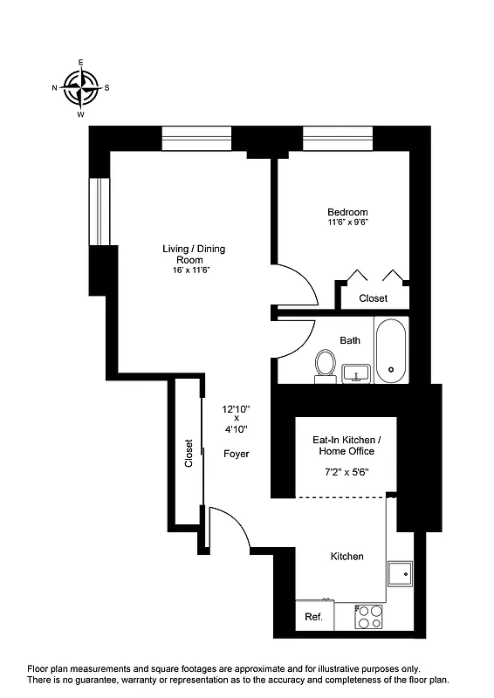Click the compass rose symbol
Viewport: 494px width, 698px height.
click(80, 88)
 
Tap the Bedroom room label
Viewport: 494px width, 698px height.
click(347, 212)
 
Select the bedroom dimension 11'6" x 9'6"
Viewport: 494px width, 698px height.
click(347, 223)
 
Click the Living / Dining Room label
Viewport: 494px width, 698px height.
click(194, 254)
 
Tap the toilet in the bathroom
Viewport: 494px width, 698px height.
click(326, 365)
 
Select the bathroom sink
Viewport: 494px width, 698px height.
click(355, 374)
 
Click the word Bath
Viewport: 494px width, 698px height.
click(350, 340)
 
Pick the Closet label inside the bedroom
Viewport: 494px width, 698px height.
click(374, 298)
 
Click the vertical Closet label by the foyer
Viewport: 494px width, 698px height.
click(189, 453)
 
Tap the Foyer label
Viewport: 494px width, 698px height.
click(237, 454)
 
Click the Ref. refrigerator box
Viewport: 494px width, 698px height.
click(313, 617)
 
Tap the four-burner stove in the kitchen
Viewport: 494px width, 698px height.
click(369, 617)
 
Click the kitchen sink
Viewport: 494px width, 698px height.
click(401, 573)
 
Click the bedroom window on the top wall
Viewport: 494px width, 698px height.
click(338, 140)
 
